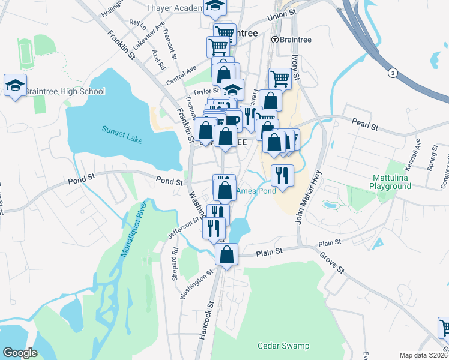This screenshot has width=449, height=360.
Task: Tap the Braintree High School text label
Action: [65, 91]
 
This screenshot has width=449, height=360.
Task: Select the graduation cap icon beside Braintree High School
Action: [15, 85]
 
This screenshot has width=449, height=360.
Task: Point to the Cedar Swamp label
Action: [283, 346]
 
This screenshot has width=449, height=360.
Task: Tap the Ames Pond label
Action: [256, 191]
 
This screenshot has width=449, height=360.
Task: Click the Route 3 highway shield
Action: [393, 73]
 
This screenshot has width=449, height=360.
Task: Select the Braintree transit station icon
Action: [274, 40]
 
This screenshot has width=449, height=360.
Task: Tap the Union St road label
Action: [283, 14]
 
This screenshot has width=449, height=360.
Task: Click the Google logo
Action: [20, 353]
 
